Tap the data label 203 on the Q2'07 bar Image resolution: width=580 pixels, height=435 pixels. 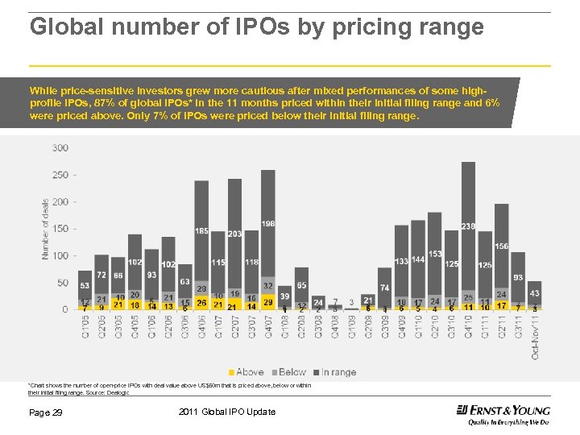234,234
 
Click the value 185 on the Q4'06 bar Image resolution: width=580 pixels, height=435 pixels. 201,231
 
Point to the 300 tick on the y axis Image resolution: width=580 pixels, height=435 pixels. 60,147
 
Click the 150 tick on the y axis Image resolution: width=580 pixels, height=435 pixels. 60,229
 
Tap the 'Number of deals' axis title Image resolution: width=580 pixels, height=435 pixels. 45,229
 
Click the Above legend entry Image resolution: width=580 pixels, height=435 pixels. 246,372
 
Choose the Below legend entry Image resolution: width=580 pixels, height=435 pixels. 291,372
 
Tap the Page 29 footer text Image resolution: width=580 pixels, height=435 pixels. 46,412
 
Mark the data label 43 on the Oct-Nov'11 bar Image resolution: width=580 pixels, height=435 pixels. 535,293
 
